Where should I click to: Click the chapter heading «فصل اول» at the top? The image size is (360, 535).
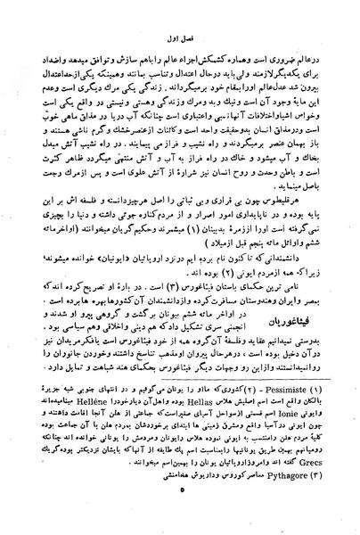pyautogui.click(x=179, y=38)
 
